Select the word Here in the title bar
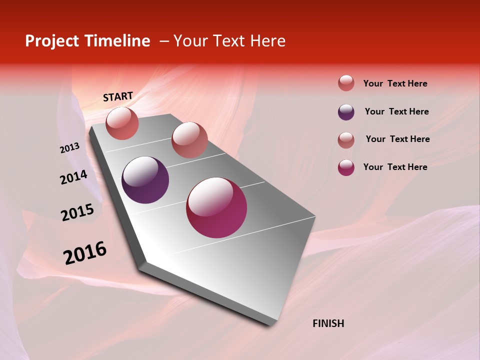coord(267,41)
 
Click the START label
coord(118,96)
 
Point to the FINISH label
coord(328,323)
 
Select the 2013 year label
coord(70,148)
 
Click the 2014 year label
coord(73,177)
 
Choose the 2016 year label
coord(85,253)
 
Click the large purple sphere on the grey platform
coord(145,180)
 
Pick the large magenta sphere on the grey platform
coord(216,207)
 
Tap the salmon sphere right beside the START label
coord(122,123)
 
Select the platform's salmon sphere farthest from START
coord(189,140)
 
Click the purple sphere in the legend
coord(346,112)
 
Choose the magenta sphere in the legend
coord(346,167)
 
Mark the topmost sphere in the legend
coord(346,83)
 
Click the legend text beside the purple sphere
coord(396,111)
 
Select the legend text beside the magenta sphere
coord(395,167)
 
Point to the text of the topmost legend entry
coord(395,83)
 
